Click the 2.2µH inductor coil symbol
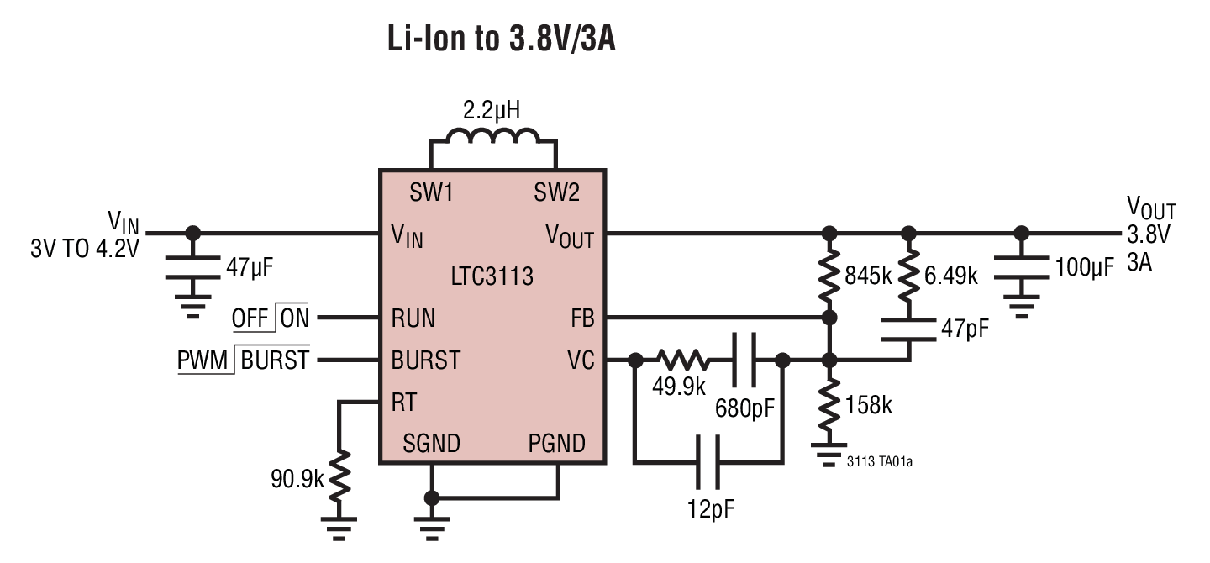[x=494, y=137]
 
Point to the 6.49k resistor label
[x=952, y=276]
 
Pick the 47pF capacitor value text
[x=965, y=329]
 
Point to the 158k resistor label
[x=869, y=405]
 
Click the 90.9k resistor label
[x=297, y=480]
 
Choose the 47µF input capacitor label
[x=250, y=267]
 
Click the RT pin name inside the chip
[x=403, y=403]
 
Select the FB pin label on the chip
[x=581, y=318]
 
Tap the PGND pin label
[x=556, y=443]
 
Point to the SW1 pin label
[x=431, y=193]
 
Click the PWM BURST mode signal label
[x=243, y=360]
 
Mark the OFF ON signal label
[x=271, y=318]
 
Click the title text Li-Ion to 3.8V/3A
[x=501, y=39]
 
